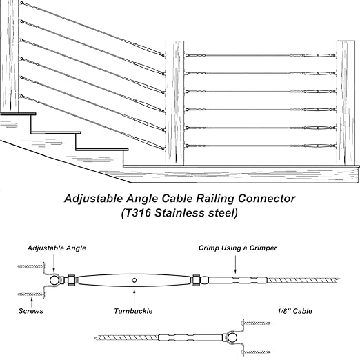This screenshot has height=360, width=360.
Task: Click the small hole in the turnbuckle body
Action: [x=136, y=281]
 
